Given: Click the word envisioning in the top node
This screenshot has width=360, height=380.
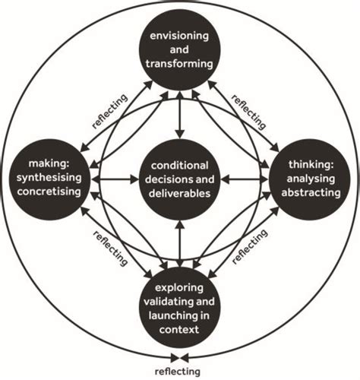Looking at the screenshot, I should pos(179,36).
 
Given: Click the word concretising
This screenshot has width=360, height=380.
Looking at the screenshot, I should pos(49,192).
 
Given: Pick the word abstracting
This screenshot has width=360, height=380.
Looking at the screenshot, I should pos(310,192).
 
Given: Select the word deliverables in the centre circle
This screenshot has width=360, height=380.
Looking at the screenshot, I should pos(179,192).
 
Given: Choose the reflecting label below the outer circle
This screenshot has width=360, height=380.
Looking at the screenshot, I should pos(178,372).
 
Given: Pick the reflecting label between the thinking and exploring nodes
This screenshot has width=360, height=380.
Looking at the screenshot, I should pos(251,245).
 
